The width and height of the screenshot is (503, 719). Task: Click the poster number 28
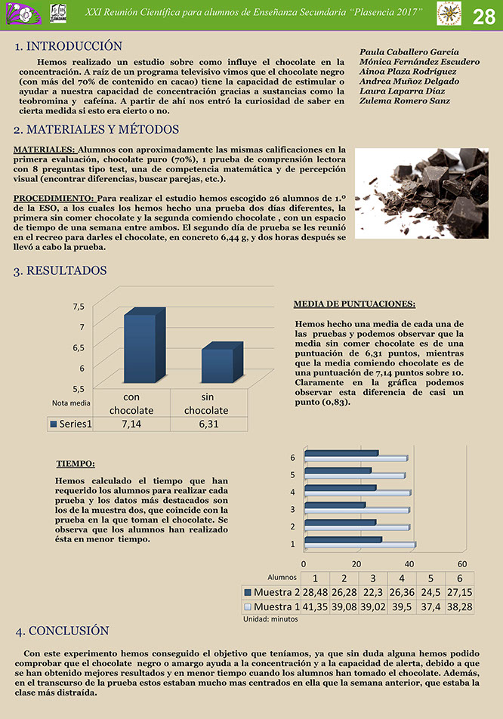(x=484, y=17)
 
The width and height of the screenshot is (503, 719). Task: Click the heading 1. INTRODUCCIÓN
(x=68, y=47)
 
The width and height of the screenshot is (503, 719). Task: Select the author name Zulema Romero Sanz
(x=405, y=100)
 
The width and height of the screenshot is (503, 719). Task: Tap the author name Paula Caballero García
(x=410, y=51)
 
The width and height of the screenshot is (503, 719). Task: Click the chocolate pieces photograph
(x=421, y=193)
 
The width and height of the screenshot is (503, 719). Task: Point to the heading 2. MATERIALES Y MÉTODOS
(x=96, y=130)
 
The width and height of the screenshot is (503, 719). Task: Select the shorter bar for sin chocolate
(x=218, y=366)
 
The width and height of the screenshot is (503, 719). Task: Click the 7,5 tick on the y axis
(x=79, y=306)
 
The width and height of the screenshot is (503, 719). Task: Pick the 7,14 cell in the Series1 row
(x=131, y=424)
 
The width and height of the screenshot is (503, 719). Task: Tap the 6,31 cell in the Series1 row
(x=208, y=424)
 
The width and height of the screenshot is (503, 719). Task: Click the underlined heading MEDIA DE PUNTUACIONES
(x=353, y=304)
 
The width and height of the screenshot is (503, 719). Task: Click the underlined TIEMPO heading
(x=81, y=464)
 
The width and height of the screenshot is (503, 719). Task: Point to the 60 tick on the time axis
(x=461, y=563)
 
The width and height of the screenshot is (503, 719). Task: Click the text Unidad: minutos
(x=270, y=619)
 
